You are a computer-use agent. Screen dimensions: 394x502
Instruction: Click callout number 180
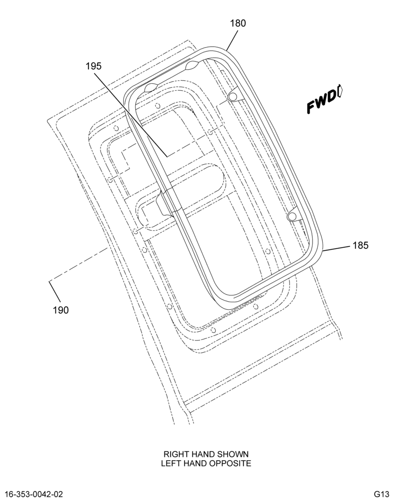pos(238,24)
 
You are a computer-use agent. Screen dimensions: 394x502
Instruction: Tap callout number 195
pos(93,66)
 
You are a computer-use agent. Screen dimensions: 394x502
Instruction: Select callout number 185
pos(360,245)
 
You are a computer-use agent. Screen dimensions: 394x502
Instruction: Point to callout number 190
pos(61,310)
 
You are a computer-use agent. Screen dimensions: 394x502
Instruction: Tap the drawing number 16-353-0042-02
pos(34,494)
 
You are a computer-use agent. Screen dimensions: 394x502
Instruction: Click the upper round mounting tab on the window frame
pos(233,96)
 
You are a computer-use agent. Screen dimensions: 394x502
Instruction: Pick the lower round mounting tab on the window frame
pos(292,216)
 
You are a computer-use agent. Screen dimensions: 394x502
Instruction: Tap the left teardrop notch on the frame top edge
pos(151,87)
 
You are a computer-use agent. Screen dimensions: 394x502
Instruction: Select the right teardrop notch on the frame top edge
pos(191,66)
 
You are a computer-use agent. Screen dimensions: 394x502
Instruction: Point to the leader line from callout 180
pos(232,40)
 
